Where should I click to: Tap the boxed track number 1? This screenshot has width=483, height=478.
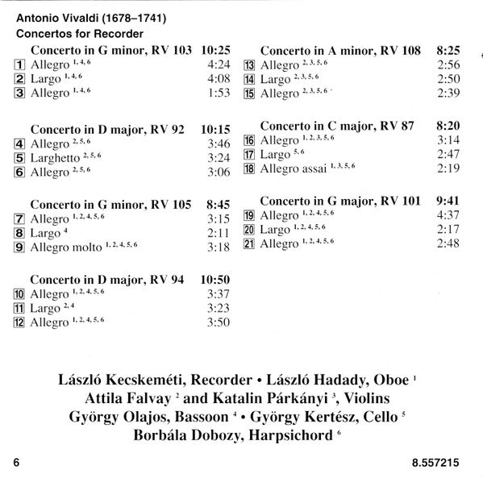click(x=20, y=64)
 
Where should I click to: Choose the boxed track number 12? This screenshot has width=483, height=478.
click(x=20, y=323)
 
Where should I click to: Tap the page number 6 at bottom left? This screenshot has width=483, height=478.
click(x=15, y=463)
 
